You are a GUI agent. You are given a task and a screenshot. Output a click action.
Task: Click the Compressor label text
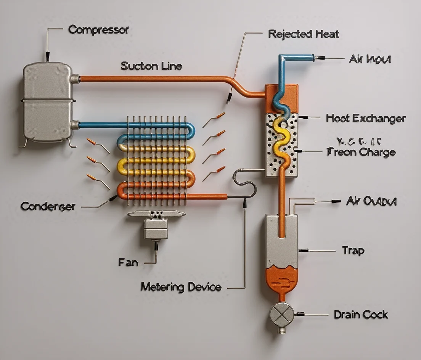point(98,30)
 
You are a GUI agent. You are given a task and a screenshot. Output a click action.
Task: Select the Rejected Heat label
point(304,34)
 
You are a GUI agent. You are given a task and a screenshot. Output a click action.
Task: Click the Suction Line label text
point(151,66)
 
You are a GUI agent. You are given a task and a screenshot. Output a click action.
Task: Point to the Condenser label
point(48,206)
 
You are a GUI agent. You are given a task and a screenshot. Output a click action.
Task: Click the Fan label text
point(128,262)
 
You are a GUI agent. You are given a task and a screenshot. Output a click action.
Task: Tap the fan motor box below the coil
point(155,229)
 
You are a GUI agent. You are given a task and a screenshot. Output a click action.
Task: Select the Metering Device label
point(181,287)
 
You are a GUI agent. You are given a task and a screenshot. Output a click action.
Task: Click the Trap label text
point(353,251)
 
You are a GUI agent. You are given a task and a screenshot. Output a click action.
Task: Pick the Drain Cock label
point(361,315)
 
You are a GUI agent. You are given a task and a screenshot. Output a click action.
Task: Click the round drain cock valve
point(282,314)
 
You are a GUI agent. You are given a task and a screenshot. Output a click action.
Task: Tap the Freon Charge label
point(361,152)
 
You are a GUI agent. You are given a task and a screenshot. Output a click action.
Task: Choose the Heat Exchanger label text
point(366,119)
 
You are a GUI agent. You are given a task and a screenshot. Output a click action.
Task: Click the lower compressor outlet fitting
point(75,125)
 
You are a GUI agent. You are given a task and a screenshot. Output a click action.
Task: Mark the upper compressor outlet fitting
point(75,79)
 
